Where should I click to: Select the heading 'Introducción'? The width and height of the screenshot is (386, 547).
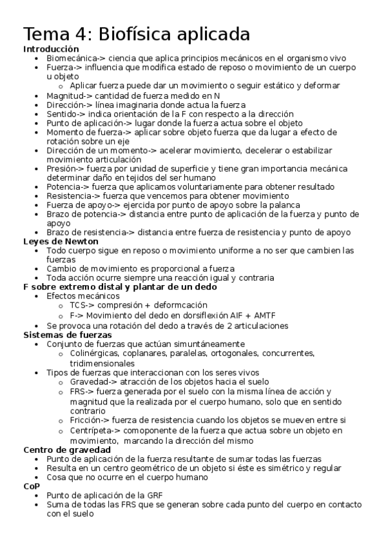[x=51, y=49]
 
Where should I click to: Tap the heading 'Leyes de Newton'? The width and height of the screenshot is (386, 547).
[x=56, y=241]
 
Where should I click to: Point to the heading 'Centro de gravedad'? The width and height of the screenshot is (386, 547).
[x=67, y=450]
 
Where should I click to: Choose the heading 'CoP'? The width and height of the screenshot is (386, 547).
[x=31, y=486]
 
